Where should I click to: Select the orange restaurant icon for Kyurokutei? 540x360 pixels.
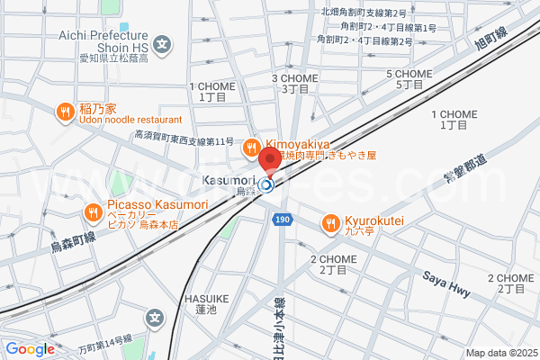(x=331, y=220)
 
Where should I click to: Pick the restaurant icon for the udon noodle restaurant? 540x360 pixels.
(x=65, y=112)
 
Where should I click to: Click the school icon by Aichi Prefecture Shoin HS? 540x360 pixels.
(x=162, y=42)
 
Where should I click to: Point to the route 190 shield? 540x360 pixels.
(x=283, y=219)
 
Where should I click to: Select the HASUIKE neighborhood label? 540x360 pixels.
(x=207, y=298)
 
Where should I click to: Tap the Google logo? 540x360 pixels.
(x=30, y=349)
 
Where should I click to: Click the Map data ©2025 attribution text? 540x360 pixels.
(x=500, y=353)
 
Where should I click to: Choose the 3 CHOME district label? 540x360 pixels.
(x=295, y=78)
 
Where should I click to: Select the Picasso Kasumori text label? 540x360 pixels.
(x=157, y=205)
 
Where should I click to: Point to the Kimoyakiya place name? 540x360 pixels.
(x=299, y=144)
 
